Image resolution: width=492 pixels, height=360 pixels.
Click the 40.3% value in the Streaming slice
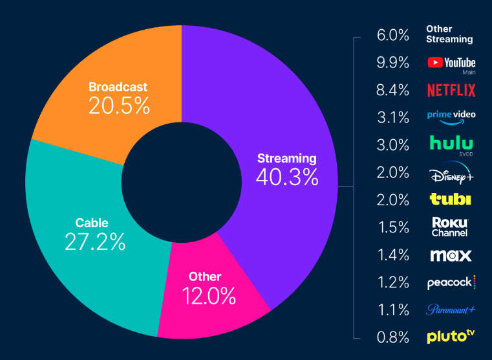286,177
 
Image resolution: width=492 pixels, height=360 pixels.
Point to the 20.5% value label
119,106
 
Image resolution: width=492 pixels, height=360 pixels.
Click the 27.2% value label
95,242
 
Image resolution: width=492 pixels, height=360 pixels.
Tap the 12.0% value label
206,296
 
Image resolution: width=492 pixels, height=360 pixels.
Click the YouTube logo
451,63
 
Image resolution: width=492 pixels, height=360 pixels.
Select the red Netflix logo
451,90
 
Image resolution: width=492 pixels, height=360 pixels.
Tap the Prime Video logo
451,116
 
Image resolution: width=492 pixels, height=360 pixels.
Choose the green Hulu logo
451,143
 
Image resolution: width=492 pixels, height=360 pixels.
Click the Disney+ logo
451,173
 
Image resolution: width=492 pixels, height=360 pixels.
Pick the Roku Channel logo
450,227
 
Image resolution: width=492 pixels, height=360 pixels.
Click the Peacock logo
451,282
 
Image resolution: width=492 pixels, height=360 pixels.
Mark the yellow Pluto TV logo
451,336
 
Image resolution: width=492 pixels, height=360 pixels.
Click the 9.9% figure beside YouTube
393,63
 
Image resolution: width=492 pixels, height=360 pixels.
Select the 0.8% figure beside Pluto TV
393,337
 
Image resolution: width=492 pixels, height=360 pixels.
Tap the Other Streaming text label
449,34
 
